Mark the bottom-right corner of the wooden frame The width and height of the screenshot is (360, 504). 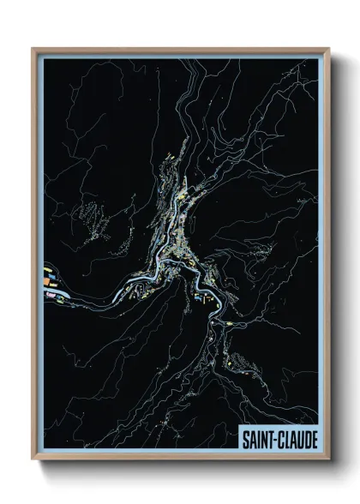(328, 460)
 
